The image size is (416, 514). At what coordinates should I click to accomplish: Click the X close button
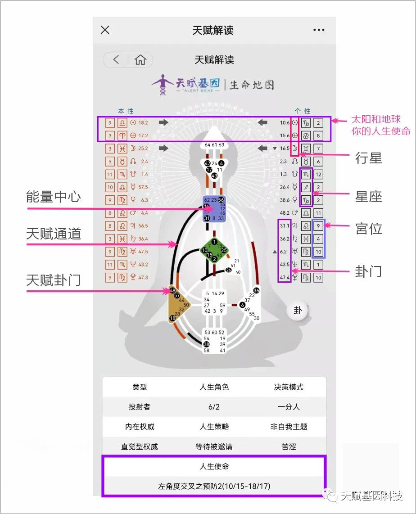(x=105, y=30)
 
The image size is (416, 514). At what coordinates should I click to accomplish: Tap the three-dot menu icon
(x=319, y=30)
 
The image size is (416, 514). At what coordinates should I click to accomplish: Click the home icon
(x=140, y=60)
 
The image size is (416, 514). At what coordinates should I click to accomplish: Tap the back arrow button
(x=116, y=60)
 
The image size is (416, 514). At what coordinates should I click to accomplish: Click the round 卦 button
(x=298, y=310)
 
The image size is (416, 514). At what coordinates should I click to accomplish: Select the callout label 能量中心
(x=54, y=196)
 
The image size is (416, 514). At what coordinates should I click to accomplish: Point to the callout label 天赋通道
(x=54, y=234)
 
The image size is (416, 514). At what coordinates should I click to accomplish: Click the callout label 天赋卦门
(x=54, y=280)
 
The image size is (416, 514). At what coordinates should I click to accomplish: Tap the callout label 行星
(x=368, y=158)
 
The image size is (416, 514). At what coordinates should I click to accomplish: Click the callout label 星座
(x=368, y=196)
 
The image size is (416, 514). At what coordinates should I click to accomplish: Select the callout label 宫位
(x=368, y=229)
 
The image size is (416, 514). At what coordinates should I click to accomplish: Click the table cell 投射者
(x=140, y=407)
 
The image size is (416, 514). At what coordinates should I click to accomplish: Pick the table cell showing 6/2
(x=214, y=407)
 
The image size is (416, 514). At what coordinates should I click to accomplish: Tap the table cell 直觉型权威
(x=140, y=446)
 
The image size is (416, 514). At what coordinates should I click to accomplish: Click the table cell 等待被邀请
(x=214, y=446)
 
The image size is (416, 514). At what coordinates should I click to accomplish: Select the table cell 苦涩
(x=289, y=446)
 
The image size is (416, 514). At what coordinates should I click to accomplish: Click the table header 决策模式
(x=289, y=387)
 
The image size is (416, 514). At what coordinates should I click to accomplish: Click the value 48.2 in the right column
(x=285, y=213)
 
